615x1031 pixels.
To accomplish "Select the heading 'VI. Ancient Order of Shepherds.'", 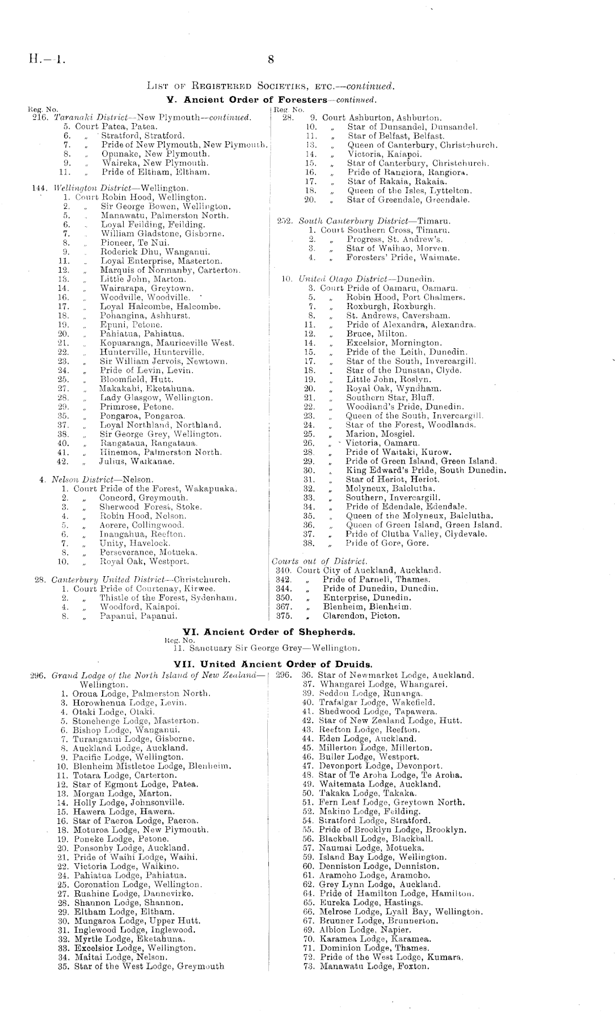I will pyautogui.click(x=269, y=631).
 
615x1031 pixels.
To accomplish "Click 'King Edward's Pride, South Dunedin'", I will pyautogui.click(x=426, y=470).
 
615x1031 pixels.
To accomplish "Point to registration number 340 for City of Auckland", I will pyautogui.click(x=283, y=570).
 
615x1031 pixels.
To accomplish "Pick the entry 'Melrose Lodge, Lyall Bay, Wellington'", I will pyautogui.click(x=401, y=912).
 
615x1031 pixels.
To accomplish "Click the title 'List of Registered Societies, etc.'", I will pyautogui.click(x=271, y=86).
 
